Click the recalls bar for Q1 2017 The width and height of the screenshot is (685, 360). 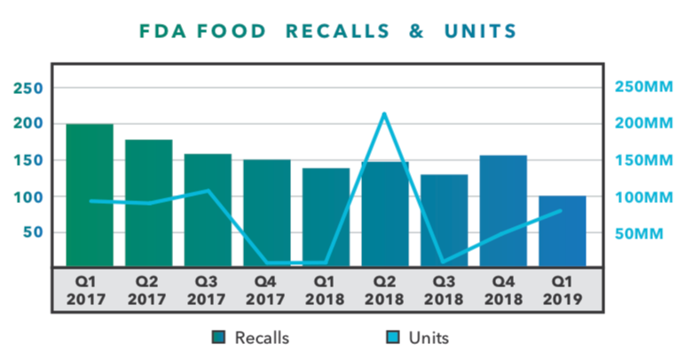pyautogui.click(x=90, y=194)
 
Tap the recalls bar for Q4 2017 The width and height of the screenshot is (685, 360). pyautogui.click(x=266, y=212)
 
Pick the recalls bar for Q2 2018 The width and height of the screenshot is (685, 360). pyautogui.click(x=384, y=213)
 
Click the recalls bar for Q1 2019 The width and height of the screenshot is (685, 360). pyautogui.click(x=562, y=230)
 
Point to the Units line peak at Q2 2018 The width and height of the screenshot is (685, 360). pyautogui.click(x=384, y=113)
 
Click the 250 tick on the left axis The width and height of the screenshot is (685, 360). pyautogui.click(x=28, y=88)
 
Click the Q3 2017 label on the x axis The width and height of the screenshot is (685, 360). pyautogui.click(x=208, y=289)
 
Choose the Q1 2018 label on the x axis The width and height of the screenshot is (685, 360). pyautogui.click(x=326, y=289)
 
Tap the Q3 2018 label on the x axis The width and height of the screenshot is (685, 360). pyautogui.click(x=444, y=289)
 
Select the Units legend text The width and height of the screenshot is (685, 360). pyautogui.click(x=429, y=338)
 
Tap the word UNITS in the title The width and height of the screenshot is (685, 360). pyautogui.click(x=484, y=31)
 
